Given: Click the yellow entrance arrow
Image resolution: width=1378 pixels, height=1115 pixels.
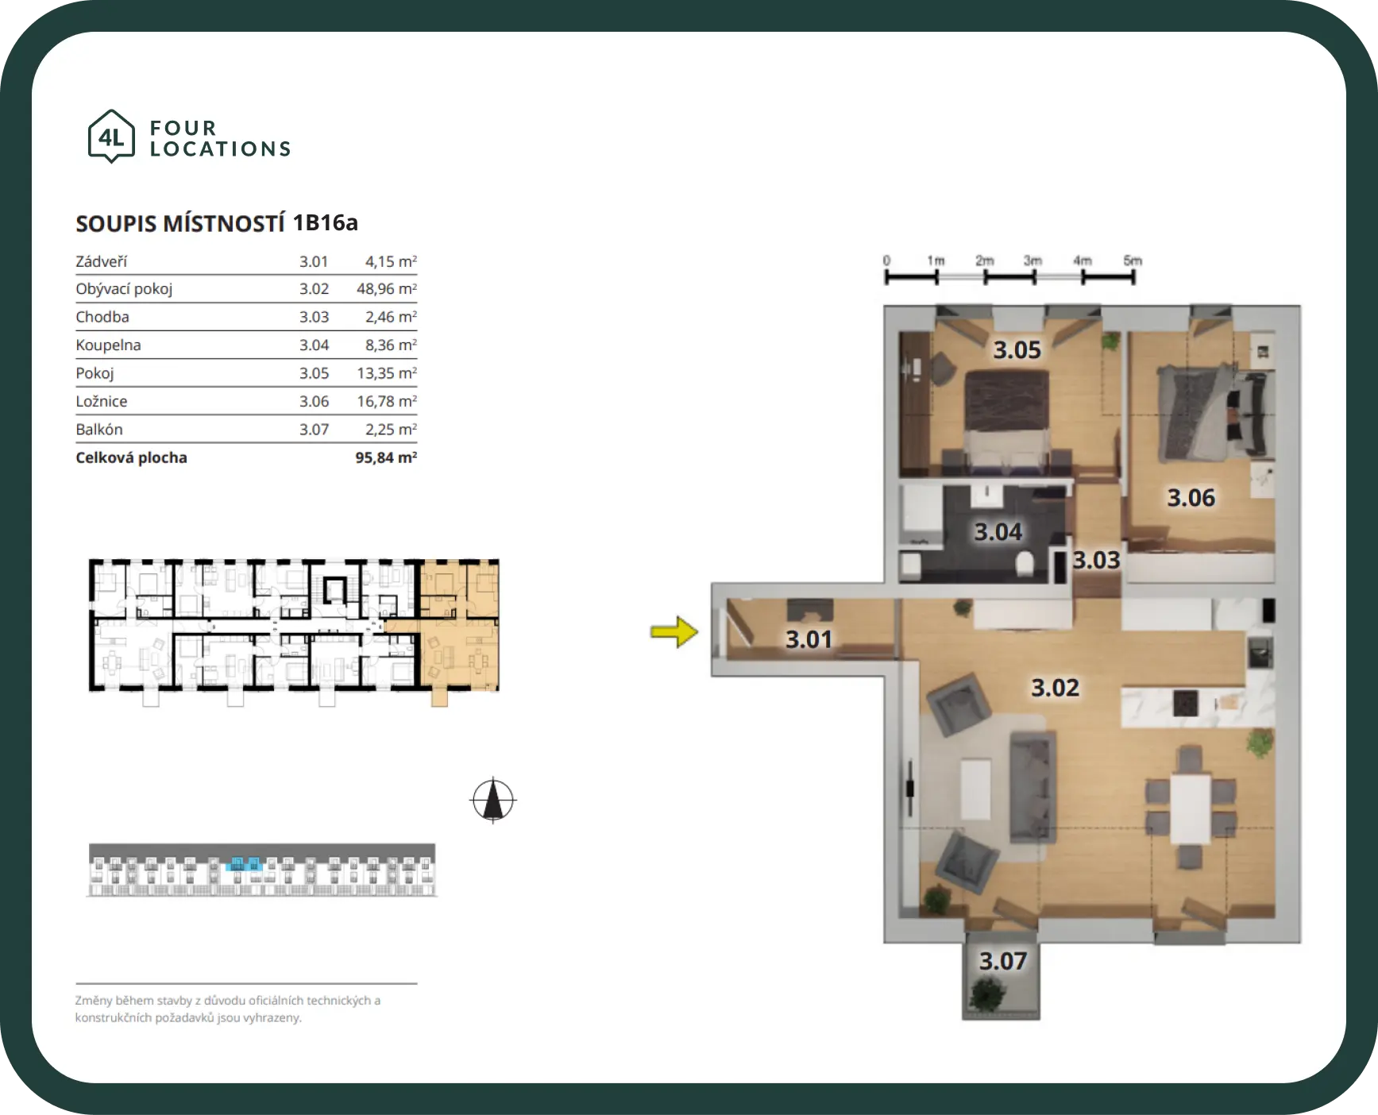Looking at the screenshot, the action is (x=674, y=632).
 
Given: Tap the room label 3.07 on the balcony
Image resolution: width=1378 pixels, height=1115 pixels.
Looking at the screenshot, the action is (x=1003, y=961).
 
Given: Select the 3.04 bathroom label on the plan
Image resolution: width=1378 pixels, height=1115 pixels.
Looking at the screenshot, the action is (x=998, y=531).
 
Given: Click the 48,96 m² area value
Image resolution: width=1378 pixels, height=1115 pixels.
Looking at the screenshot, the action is (x=386, y=288).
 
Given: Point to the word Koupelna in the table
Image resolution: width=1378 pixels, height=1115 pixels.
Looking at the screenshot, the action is (x=108, y=345).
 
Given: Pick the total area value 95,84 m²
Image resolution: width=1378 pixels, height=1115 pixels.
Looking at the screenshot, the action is (x=386, y=457).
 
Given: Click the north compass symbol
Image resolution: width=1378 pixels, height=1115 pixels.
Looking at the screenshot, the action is (x=493, y=800).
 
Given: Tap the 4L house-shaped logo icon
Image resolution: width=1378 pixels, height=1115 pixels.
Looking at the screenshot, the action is (x=111, y=137).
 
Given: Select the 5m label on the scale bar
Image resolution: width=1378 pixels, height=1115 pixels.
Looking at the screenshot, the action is (x=1133, y=260).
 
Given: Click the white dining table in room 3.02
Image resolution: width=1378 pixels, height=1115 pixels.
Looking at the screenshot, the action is (x=1191, y=808).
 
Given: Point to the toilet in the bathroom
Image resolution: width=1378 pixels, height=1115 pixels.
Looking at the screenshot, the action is (x=1025, y=564).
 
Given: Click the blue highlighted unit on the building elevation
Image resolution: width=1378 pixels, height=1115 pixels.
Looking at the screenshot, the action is (x=243, y=864).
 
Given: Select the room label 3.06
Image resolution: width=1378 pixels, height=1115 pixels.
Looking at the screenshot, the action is (x=1191, y=497).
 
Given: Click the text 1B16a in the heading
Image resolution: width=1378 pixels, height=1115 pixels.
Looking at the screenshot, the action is (x=325, y=222).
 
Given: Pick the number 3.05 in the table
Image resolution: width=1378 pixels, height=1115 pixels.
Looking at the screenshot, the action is (x=314, y=373).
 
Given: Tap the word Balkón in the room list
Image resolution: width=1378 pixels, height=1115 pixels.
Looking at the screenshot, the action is (x=99, y=430).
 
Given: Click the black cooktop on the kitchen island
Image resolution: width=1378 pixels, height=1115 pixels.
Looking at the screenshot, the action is (x=1185, y=702).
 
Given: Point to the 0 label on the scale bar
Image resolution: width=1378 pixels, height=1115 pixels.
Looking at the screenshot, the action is (x=886, y=260).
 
